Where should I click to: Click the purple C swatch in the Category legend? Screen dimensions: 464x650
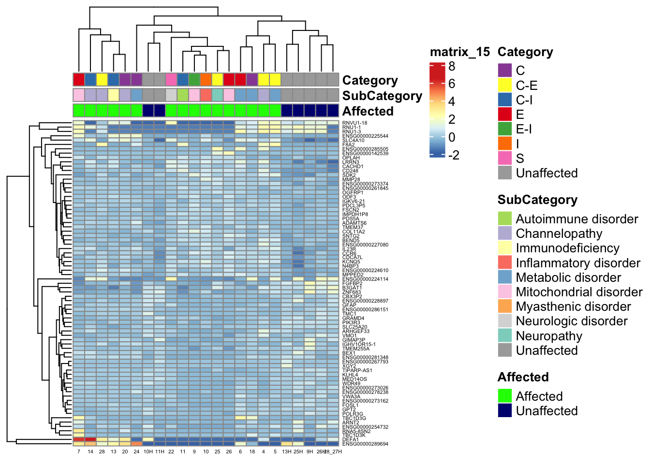click(505, 71)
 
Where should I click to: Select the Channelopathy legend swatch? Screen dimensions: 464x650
click(505, 233)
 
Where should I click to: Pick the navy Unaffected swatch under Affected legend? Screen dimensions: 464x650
click(505, 411)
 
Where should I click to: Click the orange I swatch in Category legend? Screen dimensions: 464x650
click(505, 144)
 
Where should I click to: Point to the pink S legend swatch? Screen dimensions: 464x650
click(505, 158)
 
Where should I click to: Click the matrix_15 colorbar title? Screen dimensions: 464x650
click(459, 52)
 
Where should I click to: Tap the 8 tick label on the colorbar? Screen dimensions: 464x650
click(452, 66)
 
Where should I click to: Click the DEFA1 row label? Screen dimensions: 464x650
click(351, 440)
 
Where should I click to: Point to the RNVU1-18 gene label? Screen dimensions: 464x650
click(355, 123)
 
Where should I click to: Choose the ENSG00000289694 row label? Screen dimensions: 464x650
click(365, 444)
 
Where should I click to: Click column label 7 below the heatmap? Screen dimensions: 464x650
click(79, 452)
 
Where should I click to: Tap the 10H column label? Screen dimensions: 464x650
click(148, 452)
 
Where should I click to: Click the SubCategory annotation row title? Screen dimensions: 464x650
click(382, 96)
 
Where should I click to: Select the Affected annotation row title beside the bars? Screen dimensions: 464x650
click(368, 111)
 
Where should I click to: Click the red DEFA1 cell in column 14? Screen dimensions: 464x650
click(90, 439)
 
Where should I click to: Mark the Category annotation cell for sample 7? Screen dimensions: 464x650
click(79, 79)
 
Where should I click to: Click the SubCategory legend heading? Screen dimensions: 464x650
click(537, 200)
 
